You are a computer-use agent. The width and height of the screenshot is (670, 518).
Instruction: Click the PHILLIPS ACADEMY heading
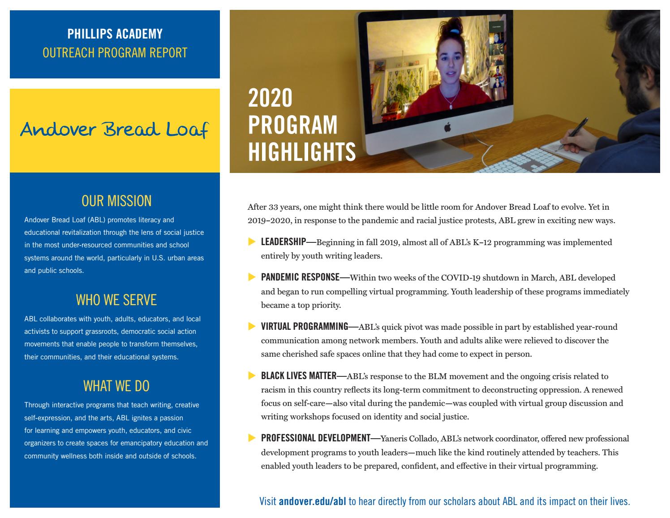click(x=115, y=34)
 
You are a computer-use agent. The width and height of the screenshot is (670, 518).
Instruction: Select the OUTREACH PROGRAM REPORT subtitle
click(x=115, y=53)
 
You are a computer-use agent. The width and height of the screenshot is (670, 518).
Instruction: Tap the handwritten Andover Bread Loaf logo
click(x=115, y=129)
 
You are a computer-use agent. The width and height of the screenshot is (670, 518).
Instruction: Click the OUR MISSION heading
click(x=116, y=201)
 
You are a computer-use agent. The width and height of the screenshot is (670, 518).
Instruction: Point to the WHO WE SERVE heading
click(x=116, y=300)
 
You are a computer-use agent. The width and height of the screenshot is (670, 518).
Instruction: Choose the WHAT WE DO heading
click(x=116, y=386)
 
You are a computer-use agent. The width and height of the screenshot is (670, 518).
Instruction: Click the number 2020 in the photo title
click(x=270, y=98)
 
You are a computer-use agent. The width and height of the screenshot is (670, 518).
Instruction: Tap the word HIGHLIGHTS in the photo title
click(x=302, y=151)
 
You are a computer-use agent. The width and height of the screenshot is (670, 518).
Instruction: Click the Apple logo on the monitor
click(x=447, y=128)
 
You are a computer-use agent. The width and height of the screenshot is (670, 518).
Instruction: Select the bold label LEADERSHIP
click(x=283, y=242)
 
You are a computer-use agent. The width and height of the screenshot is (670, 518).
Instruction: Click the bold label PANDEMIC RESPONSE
click(x=300, y=277)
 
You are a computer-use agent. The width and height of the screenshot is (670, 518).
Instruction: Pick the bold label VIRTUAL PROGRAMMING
click(x=305, y=327)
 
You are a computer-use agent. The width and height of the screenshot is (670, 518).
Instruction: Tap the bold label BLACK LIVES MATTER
click(x=298, y=376)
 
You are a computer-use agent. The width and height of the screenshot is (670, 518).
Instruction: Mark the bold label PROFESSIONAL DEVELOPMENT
click(x=316, y=438)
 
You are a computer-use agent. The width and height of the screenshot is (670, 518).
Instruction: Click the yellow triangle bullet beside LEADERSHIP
click(x=251, y=242)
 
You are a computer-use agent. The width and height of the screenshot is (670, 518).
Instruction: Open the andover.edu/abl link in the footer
click(x=312, y=501)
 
